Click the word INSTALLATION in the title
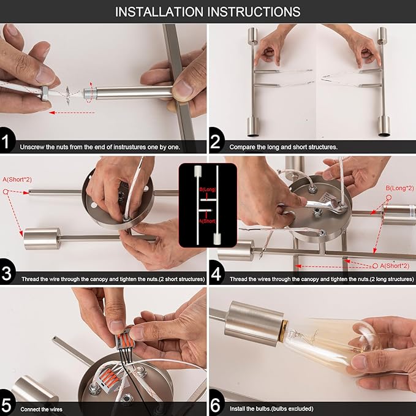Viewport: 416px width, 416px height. coord(159,12)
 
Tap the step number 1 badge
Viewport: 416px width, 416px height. coord(6,141)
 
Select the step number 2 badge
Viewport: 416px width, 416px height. coord(216,141)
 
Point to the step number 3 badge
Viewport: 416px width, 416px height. coord(6,273)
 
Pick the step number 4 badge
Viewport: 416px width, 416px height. coord(216,273)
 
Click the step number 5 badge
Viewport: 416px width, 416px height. coord(6,404)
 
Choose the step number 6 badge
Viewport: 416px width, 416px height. coord(216,404)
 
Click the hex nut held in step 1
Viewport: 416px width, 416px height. coord(45,93)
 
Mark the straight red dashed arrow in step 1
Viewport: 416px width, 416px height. coord(72,113)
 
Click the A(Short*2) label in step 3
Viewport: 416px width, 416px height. coord(17,180)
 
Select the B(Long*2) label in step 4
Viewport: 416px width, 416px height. coord(399,188)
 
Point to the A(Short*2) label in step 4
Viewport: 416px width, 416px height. coord(395,265)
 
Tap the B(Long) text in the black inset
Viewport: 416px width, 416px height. coord(208,189)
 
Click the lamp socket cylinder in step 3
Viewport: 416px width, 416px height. coord(42,238)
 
